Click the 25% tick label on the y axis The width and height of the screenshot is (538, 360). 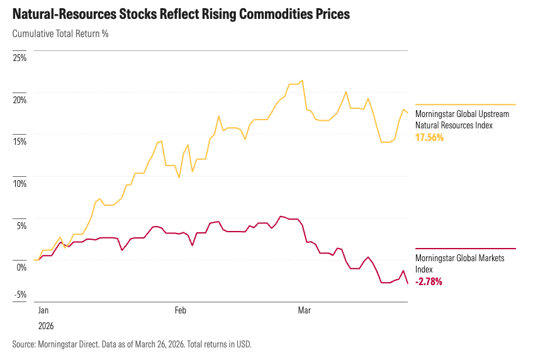pyautogui.click(x=20, y=58)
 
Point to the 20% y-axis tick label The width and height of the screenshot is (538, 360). pyautogui.click(x=20, y=99)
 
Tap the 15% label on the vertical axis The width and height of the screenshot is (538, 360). pyautogui.click(x=20, y=142)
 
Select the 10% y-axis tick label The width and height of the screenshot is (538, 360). pyautogui.click(x=20, y=183)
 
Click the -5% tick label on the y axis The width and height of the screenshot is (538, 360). pyautogui.click(x=21, y=294)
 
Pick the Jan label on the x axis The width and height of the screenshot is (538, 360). pyautogui.click(x=43, y=310)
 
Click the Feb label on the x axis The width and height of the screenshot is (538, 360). pyautogui.click(x=181, y=310)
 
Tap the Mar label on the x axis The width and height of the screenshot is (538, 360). pyautogui.click(x=305, y=310)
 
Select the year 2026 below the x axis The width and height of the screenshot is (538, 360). pyautogui.click(x=45, y=326)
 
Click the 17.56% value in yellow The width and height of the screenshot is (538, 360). pyautogui.click(x=429, y=137)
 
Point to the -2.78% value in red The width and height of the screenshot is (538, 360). pyautogui.click(x=429, y=281)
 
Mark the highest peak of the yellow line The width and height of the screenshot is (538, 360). pyautogui.click(x=303, y=81)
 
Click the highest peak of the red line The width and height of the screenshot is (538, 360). pyautogui.click(x=281, y=217)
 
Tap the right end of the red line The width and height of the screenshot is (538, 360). pyautogui.click(x=408, y=283)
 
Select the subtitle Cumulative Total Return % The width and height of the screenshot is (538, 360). pyautogui.click(x=60, y=33)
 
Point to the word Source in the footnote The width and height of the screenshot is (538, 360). pyautogui.click(x=23, y=344)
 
